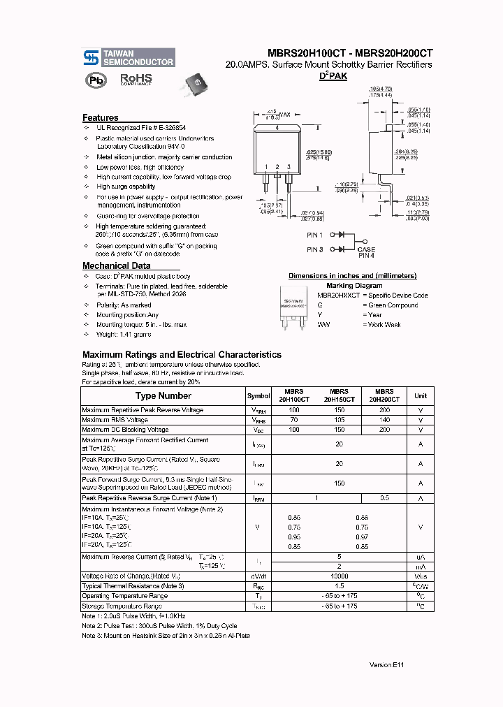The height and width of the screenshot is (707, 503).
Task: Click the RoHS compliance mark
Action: pos(136,79)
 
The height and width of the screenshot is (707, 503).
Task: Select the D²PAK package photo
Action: pos(196,78)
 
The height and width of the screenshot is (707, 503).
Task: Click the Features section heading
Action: pos(101,118)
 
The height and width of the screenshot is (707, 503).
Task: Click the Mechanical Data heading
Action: pos(116,266)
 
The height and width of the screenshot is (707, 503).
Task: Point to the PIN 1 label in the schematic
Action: pos(315,235)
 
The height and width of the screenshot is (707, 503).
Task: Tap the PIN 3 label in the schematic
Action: pos(315,249)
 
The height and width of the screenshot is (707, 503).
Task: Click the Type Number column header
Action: pos(163,395)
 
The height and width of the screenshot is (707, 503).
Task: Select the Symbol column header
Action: pos(258,396)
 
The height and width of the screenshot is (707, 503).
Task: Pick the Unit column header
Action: pos(421,396)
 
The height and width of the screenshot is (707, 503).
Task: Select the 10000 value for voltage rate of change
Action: pos(339,576)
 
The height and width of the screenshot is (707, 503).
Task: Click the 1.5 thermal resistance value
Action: pos(339,586)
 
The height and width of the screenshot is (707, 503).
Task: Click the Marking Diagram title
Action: pos(353,285)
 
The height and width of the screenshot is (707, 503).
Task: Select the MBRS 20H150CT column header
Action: pos(339,395)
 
